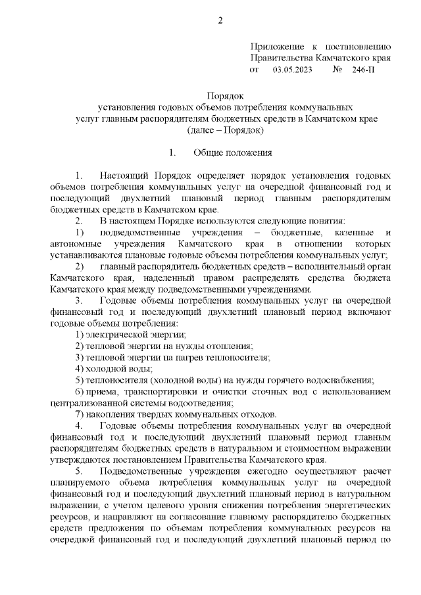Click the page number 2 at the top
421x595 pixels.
220,20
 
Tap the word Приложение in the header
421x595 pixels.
278,47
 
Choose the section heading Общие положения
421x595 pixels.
232,153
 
